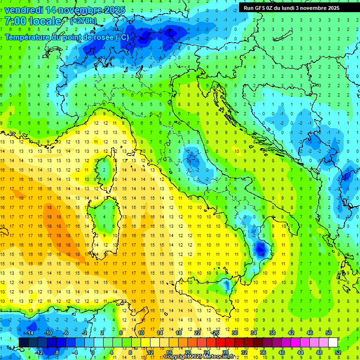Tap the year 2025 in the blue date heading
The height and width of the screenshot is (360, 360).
tap(113, 10)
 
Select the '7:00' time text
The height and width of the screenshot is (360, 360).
tap(16, 21)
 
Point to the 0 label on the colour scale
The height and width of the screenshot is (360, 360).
tap(93, 352)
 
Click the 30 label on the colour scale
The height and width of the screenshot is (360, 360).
tap(235, 333)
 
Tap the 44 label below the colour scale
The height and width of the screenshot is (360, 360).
tap(300, 352)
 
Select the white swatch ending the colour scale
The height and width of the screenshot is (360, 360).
tap(333, 342)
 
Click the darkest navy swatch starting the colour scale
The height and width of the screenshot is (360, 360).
tap(23, 342)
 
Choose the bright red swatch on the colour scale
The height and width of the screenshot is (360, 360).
tap(221, 342)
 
